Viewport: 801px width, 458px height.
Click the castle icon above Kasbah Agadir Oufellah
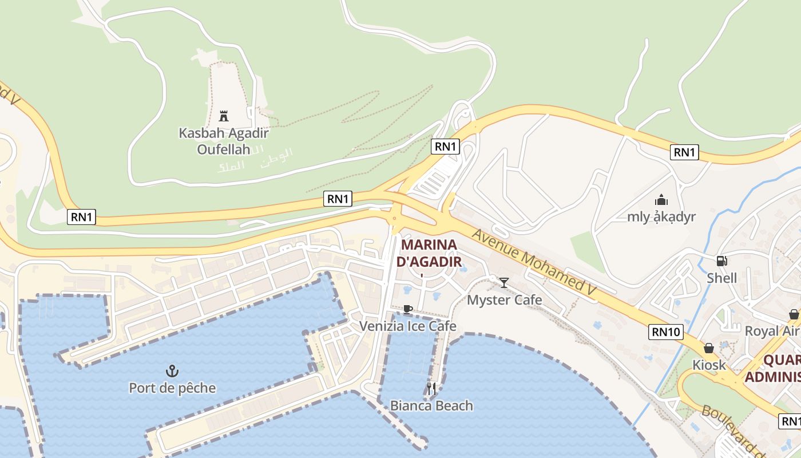pyautogui.click(x=224, y=116)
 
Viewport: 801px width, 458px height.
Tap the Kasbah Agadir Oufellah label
pyautogui.click(x=224, y=141)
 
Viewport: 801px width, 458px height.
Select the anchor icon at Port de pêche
pyautogui.click(x=172, y=371)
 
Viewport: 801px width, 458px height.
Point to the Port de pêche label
pyautogui.click(x=172, y=388)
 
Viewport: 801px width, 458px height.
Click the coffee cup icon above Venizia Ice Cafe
pyautogui.click(x=407, y=310)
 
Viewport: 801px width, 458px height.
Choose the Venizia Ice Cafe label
pyautogui.click(x=407, y=326)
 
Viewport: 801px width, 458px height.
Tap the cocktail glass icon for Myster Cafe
pyautogui.click(x=504, y=283)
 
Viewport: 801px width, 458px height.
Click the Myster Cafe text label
pyautogui.click(x=504, y=300)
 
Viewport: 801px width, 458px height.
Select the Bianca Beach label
pyautogui.click(x=431, y=406)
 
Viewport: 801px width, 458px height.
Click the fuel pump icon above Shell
pyautogui.click(x=722, y=261)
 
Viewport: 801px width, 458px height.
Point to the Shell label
pyautogui.click(x=722, y=278)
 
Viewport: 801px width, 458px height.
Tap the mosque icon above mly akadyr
pyautogui.click(x=661, y=200)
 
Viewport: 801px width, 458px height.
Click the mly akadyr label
pyautogui.click(x=661, y=217)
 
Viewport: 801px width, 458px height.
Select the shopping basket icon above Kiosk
pyautogui.click(x=709, y=348)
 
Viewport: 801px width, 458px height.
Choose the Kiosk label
pyautogui.click(x=709, y=365)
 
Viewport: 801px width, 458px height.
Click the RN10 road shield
pyautogui.click(x=666, y=331)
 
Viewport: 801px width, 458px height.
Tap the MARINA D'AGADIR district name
pyautogui.click(x=429, y=253)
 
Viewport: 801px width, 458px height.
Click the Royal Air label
pyautogui.click(x=771, y=331)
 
